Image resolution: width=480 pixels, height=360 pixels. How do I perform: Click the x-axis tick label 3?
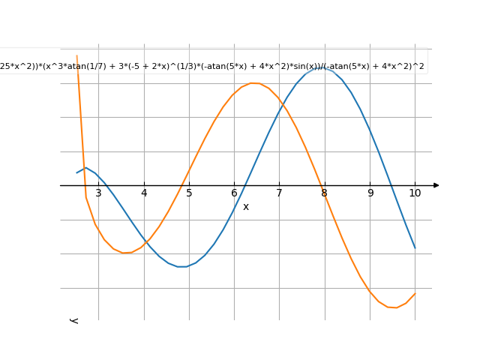click(x=98, y=193)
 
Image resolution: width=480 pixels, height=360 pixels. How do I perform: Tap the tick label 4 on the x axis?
click(x=144, y=193)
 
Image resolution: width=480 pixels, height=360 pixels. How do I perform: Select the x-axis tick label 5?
click(x=189, y=193)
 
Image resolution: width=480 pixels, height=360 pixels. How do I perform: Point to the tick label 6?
click(x=234, y=193)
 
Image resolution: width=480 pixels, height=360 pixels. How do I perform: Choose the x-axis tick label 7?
click(x=279, y=193)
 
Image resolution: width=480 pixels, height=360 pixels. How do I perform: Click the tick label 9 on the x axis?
click(x=370, y=193)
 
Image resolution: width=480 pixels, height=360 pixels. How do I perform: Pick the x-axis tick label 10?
click(x=415, y=193)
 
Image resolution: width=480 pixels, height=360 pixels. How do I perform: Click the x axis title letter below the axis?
click(x=245, y=206)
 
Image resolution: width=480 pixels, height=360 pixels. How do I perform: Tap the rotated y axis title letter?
click(x=73, y=320)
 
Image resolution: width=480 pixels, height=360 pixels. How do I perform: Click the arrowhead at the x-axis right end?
click(x=436, y=185)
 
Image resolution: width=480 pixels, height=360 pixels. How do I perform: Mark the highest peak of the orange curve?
click(x=253, y=82)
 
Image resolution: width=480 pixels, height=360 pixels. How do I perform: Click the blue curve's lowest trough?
click(x=182, y=266)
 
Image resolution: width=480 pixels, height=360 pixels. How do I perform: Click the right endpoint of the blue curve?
click(x=415, y=247)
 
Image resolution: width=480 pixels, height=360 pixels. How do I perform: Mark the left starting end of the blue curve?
click(x=76, y=173)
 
